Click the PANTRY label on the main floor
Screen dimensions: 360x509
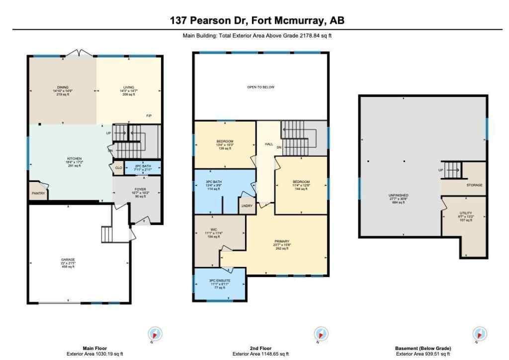[38, 193]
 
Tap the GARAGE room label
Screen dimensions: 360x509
[68, 259]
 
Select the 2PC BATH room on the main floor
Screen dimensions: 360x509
[143, 167]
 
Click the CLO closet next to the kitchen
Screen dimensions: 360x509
[118, 168]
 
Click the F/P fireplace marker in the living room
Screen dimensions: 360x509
[149, 116]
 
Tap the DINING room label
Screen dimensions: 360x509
[63, 87]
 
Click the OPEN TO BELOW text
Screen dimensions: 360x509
[261, 87]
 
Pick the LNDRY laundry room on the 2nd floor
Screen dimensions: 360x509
[246, 205]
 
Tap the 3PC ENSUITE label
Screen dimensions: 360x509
[220, 281]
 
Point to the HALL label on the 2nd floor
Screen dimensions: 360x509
[268, 144]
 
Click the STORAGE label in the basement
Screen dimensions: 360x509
[474, 185]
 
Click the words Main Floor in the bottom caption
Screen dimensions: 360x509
[95, 349]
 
